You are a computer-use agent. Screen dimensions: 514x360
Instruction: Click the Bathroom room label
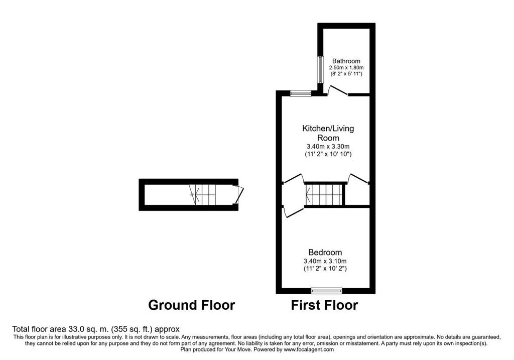tap(346, 61)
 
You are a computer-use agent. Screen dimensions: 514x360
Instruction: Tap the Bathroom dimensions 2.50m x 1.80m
tap(346, 68)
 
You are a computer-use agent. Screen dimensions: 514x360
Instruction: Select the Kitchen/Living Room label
tap(328, 133)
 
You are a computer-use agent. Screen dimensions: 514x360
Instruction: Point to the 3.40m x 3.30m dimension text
tap(328, 147)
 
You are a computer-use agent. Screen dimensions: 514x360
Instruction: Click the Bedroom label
tap(325, 253)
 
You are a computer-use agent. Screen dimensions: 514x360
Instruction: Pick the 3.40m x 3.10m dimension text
tap(325, 261)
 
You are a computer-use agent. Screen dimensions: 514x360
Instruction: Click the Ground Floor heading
tap(192, 305)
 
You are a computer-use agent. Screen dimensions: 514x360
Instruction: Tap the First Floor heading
tap(325, 305)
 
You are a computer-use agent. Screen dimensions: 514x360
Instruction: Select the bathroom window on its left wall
tap(320, 70)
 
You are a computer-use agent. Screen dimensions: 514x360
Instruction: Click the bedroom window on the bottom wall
tap(326, 291)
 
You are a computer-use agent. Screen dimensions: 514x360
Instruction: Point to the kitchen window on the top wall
tap(301, 93)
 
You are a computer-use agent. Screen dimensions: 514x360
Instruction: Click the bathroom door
tap(338, 90)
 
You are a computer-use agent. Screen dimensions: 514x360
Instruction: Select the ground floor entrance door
tap(239, 195)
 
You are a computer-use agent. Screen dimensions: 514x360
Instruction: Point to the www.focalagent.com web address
tap(309, 349)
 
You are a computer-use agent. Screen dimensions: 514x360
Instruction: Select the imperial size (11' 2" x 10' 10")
tap(328, 154)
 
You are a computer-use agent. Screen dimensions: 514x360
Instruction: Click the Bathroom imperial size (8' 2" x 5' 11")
tap(346, 74)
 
